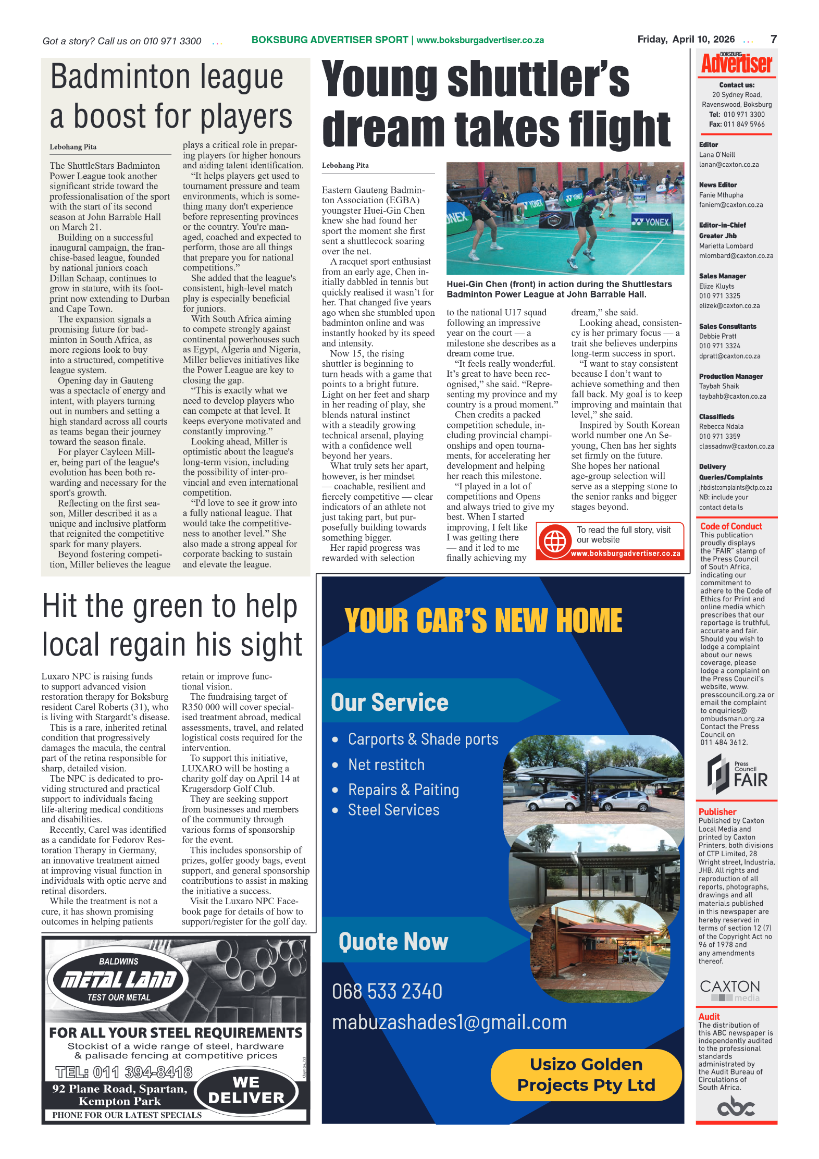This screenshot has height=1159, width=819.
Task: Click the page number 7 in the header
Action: [x=773, y=39]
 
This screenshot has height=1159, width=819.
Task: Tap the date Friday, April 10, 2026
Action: [x=686, y=39]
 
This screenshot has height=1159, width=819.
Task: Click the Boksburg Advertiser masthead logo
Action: [x=736, y=64]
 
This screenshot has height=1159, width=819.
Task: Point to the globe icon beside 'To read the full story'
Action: [x=555, y=541]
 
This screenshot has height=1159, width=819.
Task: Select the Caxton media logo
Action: [x=730, y=990]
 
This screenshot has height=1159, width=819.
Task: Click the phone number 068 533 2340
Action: [x=387, y=991]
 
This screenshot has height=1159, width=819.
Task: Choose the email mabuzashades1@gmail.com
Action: [x=449, y=1022]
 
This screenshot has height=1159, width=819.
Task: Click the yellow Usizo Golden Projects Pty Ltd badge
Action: [x=586, y=1075]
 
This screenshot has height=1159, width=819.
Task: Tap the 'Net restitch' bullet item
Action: [x=386, y=765]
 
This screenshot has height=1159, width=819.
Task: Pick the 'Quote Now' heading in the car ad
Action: [x=393, y=942]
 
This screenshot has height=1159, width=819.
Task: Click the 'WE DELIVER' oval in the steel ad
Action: [x=246, y=1090]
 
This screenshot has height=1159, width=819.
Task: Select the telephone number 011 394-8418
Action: [x=124, y=1072]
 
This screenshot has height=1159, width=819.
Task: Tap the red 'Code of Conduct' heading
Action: [x=730, y=526]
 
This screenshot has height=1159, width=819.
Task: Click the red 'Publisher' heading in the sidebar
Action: [x=717, y=811]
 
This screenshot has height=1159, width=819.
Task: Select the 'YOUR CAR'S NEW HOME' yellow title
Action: [x=483, y=621]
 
